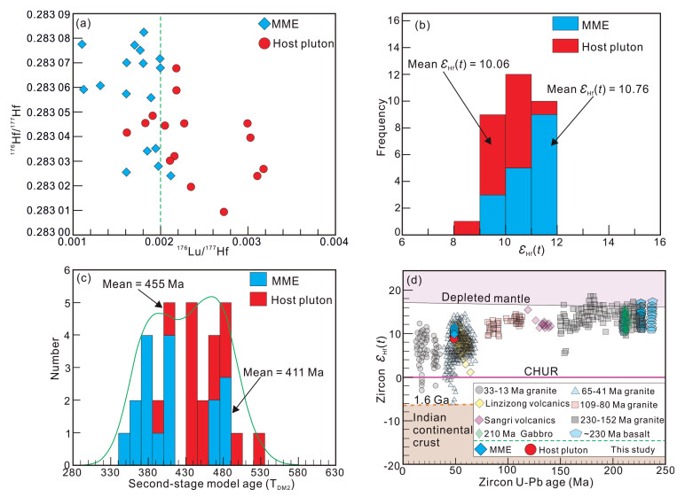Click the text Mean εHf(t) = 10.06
pyautogui.click(x=452, y=64)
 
